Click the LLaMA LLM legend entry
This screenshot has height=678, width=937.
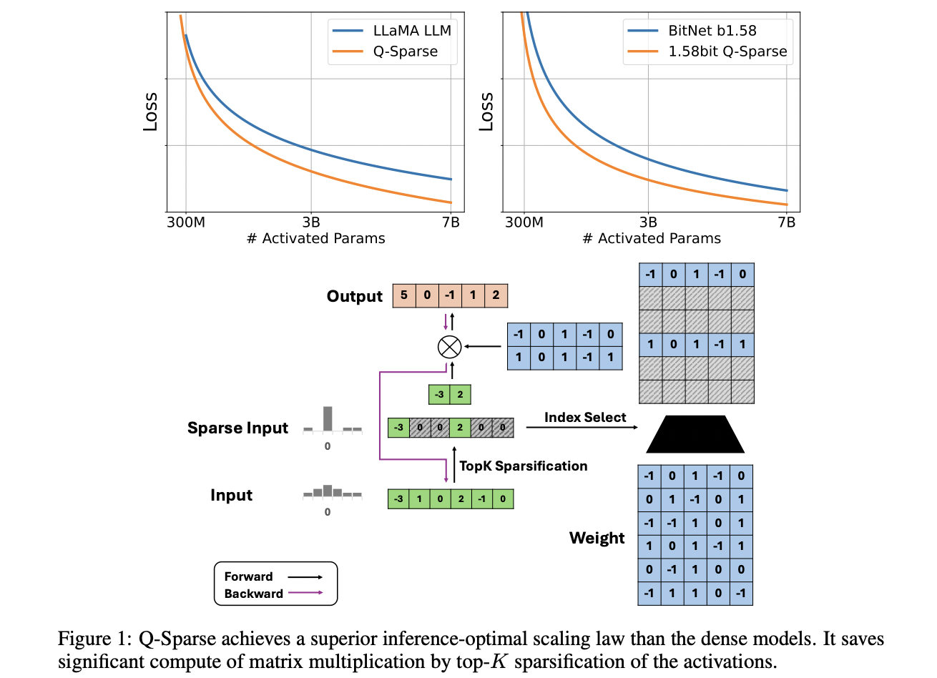412,31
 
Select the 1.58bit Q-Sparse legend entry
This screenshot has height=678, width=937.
727,51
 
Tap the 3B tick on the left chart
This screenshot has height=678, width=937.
311,222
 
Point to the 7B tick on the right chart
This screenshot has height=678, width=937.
786,222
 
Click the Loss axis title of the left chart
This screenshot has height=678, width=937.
150,112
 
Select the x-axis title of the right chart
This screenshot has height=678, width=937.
652,239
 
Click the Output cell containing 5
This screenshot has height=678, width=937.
404,295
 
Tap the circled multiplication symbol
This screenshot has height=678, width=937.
449,347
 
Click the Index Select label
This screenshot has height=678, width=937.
585,418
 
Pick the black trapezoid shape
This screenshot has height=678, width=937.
695,434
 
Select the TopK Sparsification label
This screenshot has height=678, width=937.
524,466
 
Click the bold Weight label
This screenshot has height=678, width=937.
597,538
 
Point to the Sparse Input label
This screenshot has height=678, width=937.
237,428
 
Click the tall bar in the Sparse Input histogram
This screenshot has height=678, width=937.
328,418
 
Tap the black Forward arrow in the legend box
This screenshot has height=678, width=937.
305,576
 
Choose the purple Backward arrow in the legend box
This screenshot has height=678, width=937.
305,593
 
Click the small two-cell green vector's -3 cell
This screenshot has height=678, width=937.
439,394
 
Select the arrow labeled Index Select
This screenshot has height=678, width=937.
582,428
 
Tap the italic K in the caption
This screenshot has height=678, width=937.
499,662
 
